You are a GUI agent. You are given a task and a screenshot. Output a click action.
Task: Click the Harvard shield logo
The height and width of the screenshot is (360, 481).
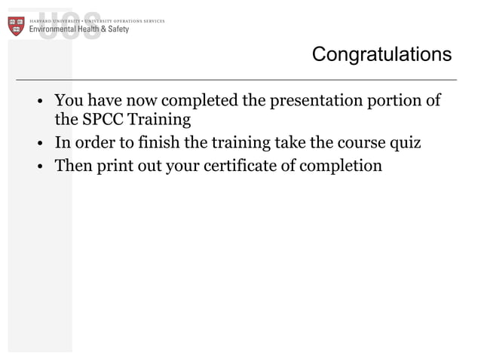point(17,26)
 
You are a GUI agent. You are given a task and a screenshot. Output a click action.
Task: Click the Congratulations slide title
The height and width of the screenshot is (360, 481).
point(381,55)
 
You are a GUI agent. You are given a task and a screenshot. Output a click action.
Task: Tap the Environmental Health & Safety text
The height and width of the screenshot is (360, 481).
point(78,29)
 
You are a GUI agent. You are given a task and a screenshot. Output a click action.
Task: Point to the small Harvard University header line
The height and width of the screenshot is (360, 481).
point(97,21)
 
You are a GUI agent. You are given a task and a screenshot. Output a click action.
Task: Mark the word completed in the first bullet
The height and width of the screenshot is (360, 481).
point(197,101)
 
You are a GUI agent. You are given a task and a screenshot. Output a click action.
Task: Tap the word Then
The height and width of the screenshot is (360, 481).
point(73,165)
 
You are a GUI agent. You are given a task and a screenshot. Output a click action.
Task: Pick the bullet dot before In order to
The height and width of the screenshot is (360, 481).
point(42,144)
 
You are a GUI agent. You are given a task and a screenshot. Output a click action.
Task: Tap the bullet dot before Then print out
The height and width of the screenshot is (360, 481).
point(42,166)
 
